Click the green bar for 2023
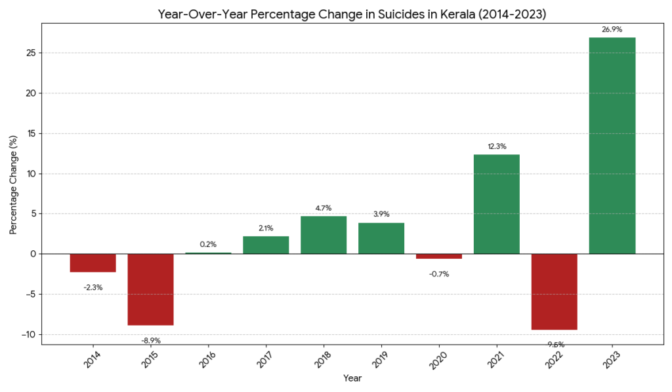(612, 146)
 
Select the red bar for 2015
(150, 290)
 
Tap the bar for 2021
(496, 204)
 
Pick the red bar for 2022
(554, 292)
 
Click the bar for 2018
(324, 235)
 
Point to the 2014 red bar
(93, 263)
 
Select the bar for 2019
(381, 238)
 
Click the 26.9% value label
(612, 29)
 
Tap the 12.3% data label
(496, 146)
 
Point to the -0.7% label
(439, 274)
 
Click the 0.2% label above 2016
(208, 244)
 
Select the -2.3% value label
(93, 287)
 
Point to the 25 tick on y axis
(30, 53)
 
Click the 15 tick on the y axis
(30, 133)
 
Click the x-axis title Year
(352, 378)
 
